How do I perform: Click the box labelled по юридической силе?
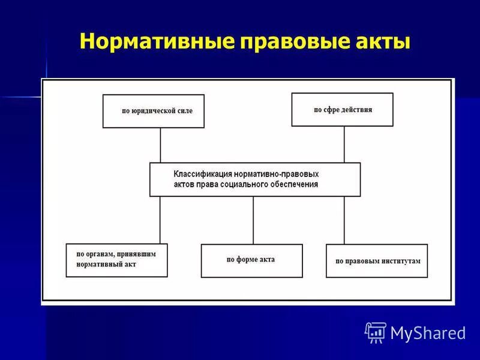pos(153,111)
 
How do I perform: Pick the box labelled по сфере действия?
pos(342,109)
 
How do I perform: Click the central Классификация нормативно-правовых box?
pos(255,179)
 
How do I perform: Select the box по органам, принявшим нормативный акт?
pos(116,260)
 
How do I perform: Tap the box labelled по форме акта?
pos(251,260)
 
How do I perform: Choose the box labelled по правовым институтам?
pos(376,260)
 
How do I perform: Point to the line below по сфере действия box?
pos(344,144)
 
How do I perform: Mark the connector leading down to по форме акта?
pos(253,220)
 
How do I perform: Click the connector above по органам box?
pos(160,220)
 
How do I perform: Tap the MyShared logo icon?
pos(375,332)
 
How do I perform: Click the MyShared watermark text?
pos(427,332)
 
